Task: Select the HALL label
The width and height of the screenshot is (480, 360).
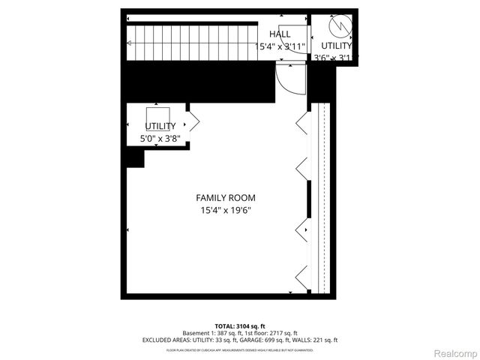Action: (280, 34)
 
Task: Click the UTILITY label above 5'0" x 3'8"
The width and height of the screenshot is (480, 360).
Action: (160, 126)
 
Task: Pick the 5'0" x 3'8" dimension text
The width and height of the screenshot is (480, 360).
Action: (160, 139)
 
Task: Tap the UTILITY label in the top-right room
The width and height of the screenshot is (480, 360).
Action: (337, 46)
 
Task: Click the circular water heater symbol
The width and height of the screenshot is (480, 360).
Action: (340, 27)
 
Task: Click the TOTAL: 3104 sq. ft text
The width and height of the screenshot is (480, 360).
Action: (240, 325)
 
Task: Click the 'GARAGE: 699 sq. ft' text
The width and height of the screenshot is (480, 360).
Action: (268, 340)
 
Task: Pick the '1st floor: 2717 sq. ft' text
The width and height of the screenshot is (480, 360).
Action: (273, 333)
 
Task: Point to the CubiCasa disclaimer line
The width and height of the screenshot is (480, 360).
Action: (240, 349)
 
